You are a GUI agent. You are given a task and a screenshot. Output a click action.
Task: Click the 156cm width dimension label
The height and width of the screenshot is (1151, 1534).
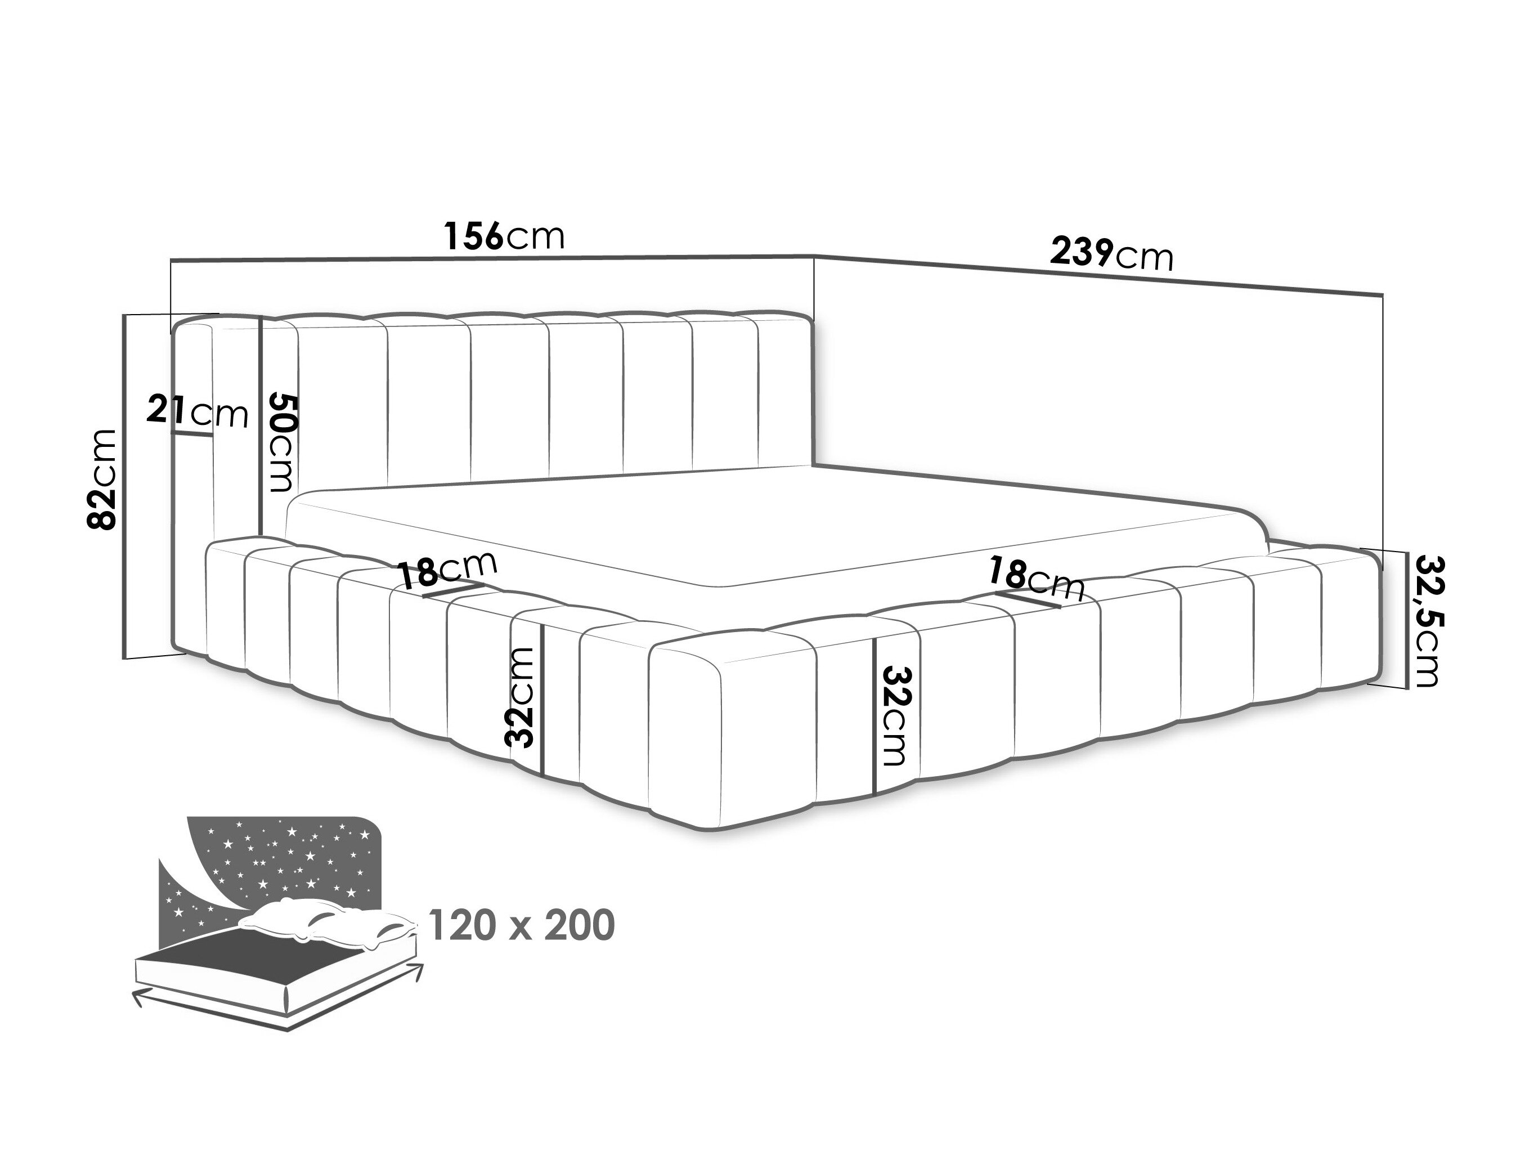coord(504,236)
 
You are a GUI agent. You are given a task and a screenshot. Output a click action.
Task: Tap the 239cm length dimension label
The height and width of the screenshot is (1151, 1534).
coord(1111,254)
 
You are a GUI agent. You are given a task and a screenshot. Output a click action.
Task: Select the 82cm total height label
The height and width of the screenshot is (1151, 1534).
coord(102,479)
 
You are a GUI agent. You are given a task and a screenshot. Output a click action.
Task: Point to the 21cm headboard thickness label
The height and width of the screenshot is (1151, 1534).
coord(197,413)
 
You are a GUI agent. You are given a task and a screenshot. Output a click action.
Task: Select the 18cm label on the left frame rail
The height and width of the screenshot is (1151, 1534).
coord(448,570)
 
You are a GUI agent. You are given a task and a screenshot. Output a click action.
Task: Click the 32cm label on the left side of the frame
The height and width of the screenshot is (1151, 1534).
coord(522,697)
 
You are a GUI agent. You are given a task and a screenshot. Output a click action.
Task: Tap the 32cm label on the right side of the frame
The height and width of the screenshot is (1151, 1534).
coord(894,716)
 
